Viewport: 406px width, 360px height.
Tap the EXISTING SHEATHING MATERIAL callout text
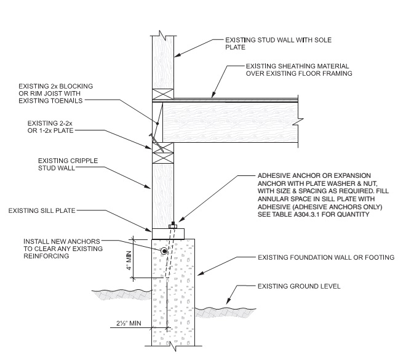pos(298,70)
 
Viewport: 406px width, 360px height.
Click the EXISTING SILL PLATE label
pos(41,210)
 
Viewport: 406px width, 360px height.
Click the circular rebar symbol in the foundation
pos(164,252)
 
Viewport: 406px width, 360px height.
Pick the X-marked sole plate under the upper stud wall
pos(162,94)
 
